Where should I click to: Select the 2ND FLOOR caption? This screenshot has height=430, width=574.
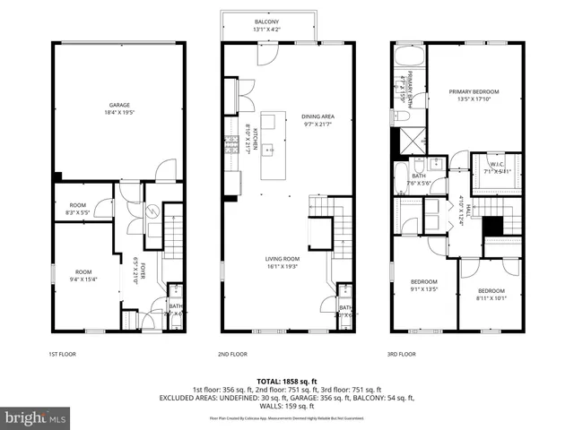(231, 354)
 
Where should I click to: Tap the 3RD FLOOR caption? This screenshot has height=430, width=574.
(403, 354)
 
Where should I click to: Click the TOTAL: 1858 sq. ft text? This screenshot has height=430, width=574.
(286, 380)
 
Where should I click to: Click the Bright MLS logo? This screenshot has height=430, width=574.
(36, 417)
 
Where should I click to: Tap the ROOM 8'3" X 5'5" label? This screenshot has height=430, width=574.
(77, 205)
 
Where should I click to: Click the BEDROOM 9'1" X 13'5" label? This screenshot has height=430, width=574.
(423, 281)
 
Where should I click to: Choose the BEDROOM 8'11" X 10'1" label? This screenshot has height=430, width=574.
(491, 291)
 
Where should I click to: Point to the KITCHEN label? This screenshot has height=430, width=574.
(253, 140)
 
